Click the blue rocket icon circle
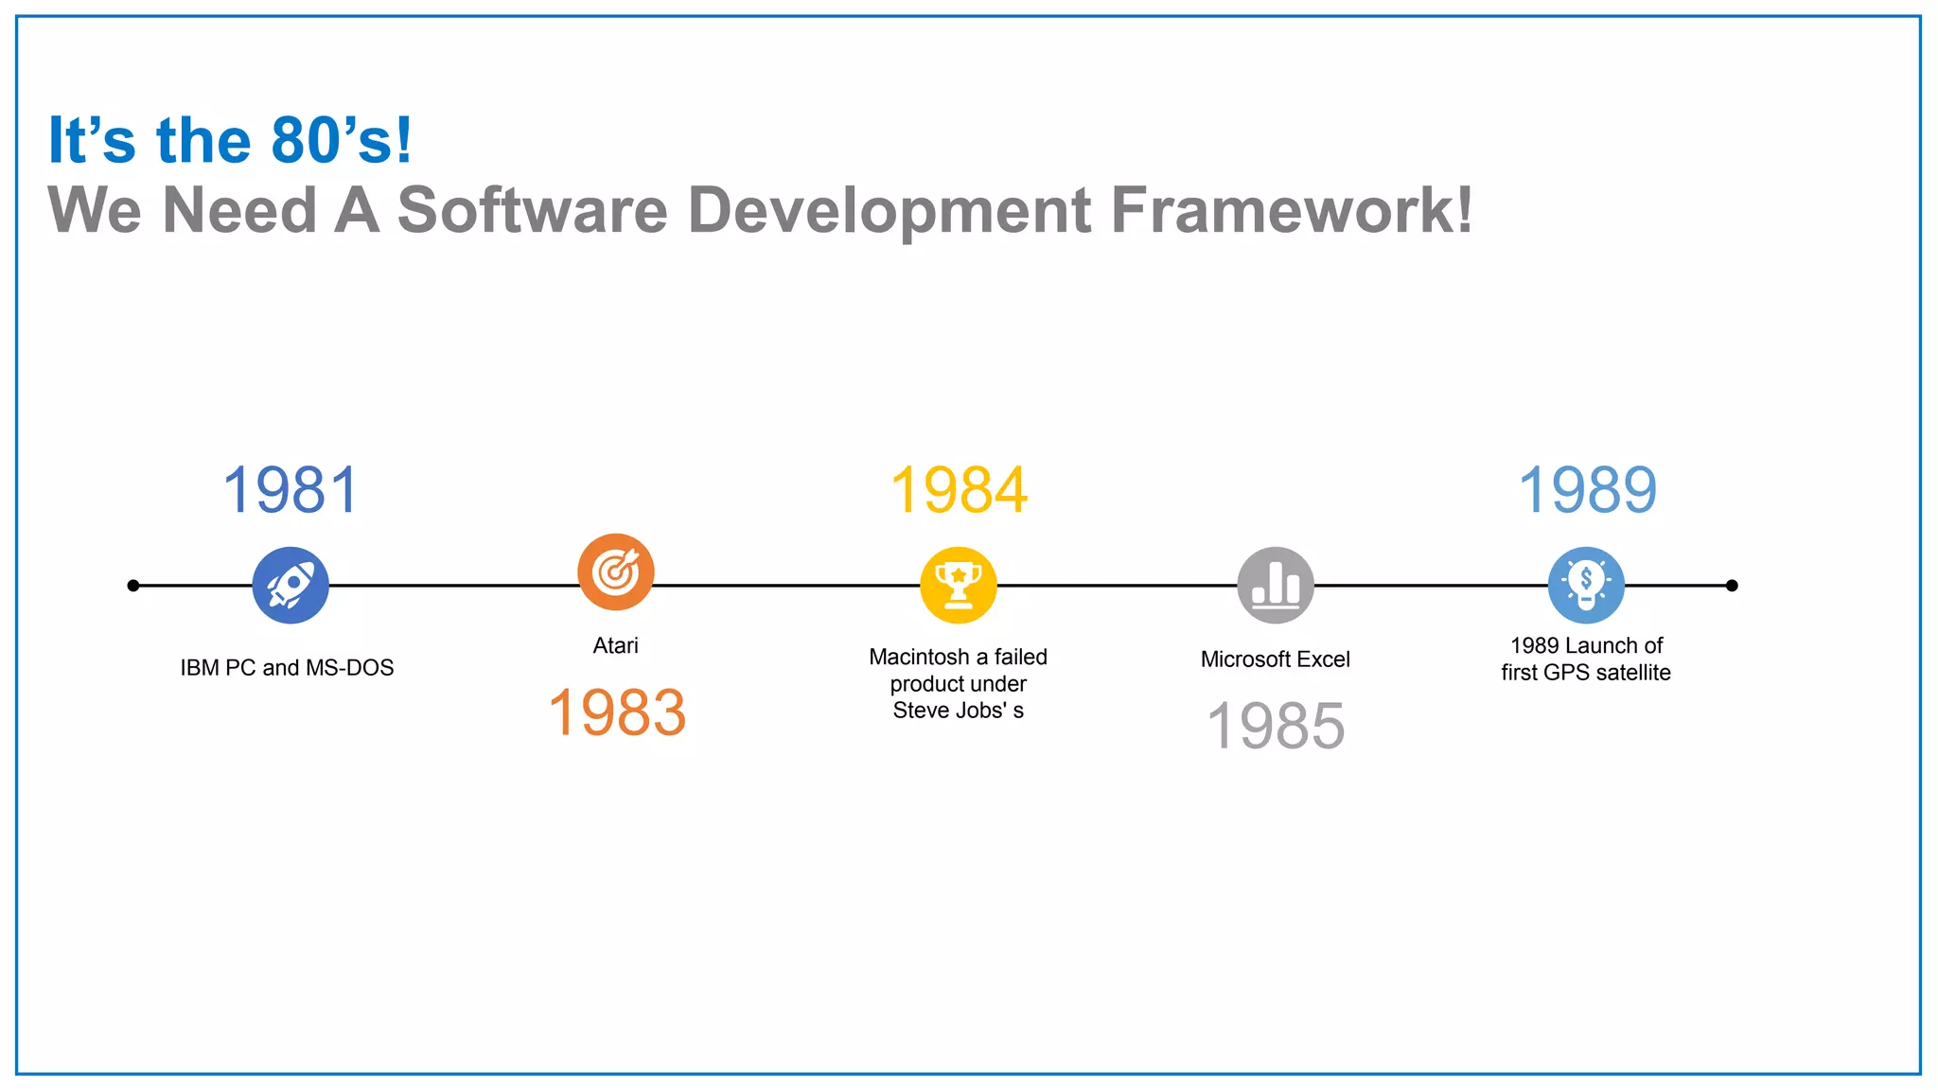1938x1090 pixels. click(291, 585)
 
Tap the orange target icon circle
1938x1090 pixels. click(616, 571)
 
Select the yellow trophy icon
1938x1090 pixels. click(959, 585)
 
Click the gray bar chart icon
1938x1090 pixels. click(1276, 585)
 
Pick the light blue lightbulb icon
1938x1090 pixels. click(1586, 585)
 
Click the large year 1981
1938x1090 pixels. click(291, 490)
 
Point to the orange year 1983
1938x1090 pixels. click(617, 712)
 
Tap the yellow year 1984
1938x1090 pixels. click(959, 490)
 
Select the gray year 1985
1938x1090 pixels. click(1276, 726)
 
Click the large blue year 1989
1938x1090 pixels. click(1587, 490)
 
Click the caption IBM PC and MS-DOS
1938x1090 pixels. click(287, 668)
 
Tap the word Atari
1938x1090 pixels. click(615, 645)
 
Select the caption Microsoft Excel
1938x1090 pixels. click(1275, 659)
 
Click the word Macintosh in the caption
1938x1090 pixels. click(919, 657)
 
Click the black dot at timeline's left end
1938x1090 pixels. click(133, 586)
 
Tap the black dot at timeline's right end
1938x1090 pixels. click(1732, 586)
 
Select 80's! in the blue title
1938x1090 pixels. click(342, 141)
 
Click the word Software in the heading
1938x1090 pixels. click(533, 210)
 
